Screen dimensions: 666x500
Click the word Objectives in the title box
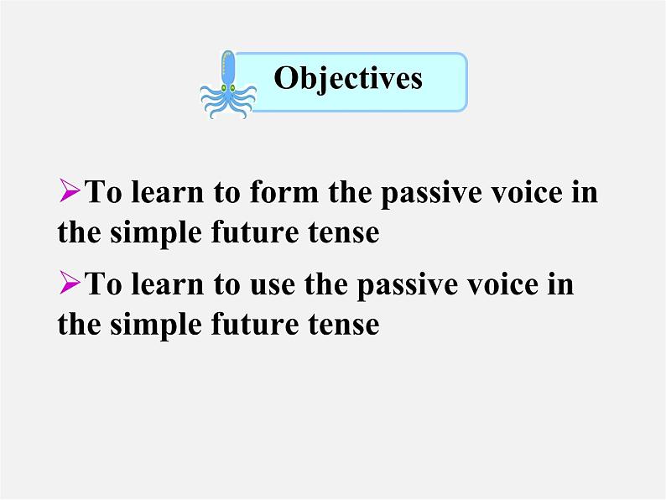[348, 79]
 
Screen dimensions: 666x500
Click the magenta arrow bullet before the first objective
[70, 190]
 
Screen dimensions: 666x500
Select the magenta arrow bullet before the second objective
[70, 283]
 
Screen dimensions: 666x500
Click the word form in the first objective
[284, 191]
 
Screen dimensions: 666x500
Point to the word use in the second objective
[273, 285]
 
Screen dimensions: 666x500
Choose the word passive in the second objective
[408, 286]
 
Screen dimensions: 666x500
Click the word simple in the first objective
[156, 234]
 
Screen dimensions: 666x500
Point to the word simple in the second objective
[156, 326]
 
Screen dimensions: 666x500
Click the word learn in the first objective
[168, 191]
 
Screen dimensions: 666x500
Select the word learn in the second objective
[168, 284]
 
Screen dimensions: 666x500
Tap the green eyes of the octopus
[228, 87]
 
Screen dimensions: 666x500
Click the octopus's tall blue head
[228, 68]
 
